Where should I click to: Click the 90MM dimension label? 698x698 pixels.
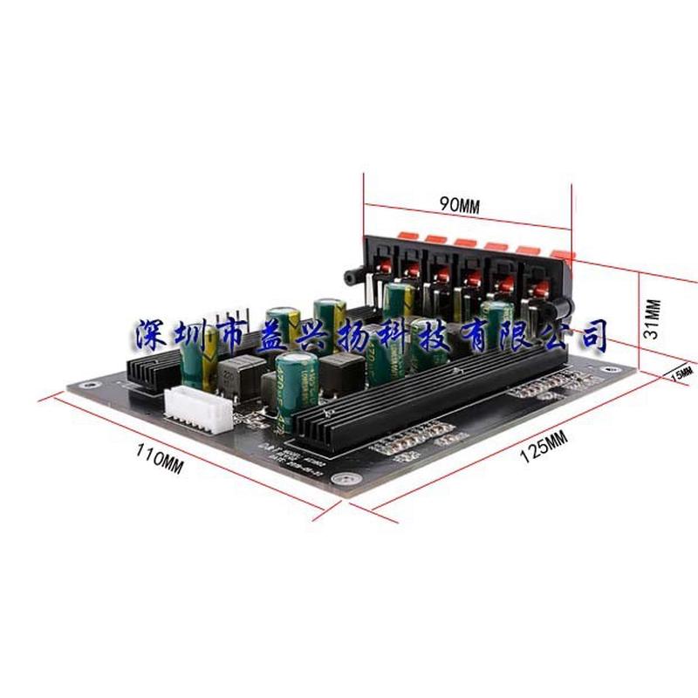[459, 206]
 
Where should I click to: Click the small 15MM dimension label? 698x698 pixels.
[681, 373]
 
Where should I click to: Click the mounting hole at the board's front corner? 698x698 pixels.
[347, 478]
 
